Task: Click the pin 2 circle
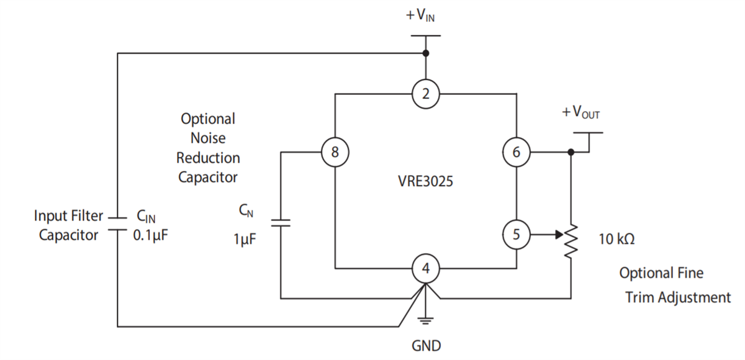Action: (x=426, y=94)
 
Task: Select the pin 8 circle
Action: (x=335, y=152)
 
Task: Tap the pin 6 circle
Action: (x=517, y=152)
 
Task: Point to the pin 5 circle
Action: (x=517, y=235)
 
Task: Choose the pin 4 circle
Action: (x=426, y=269)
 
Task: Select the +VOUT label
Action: (x=581, y=113)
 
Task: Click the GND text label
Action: (x=426, y=345)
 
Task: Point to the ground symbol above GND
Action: (x=426, y=320)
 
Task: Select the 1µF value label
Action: (x=245, y=239)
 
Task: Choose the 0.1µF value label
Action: (x=150, y=236)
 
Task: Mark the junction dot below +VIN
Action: (x=426, y=53)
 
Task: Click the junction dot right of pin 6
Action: (x=570, y=152)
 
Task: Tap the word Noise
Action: (x=208, y=138)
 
